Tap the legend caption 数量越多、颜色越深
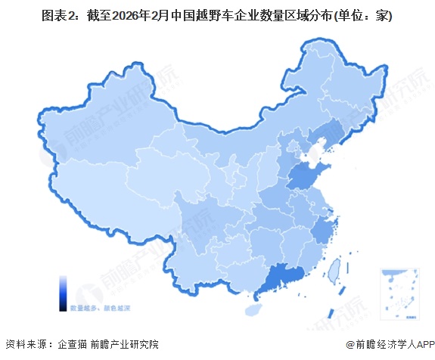(101, 308)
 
